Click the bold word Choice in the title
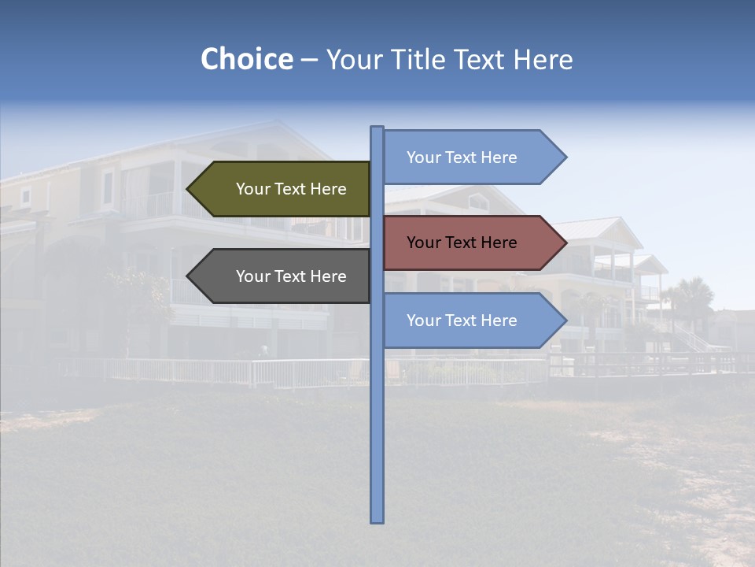pyautogui.click(x=246, y=60)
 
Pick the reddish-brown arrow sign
pyautogui.click(x=472, y=243)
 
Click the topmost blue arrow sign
pyautogui.click(x=472, y=157)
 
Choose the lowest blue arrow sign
pyautogui.click(x=472, y=321)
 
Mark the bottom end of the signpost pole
pyautogui.click(x=377, y=520)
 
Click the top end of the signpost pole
pyautogui.click(x=377, y=128)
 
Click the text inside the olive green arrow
pyautogui.click(x=291, y=189)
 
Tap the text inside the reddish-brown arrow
pyautogui.click(x=462, y=243)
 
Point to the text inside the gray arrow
pyautogui.click(x=291, y=276)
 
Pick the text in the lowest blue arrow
pyautogui.click(x=462, y=321)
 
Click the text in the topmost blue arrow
pyautogui.click(x=462, y=157)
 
